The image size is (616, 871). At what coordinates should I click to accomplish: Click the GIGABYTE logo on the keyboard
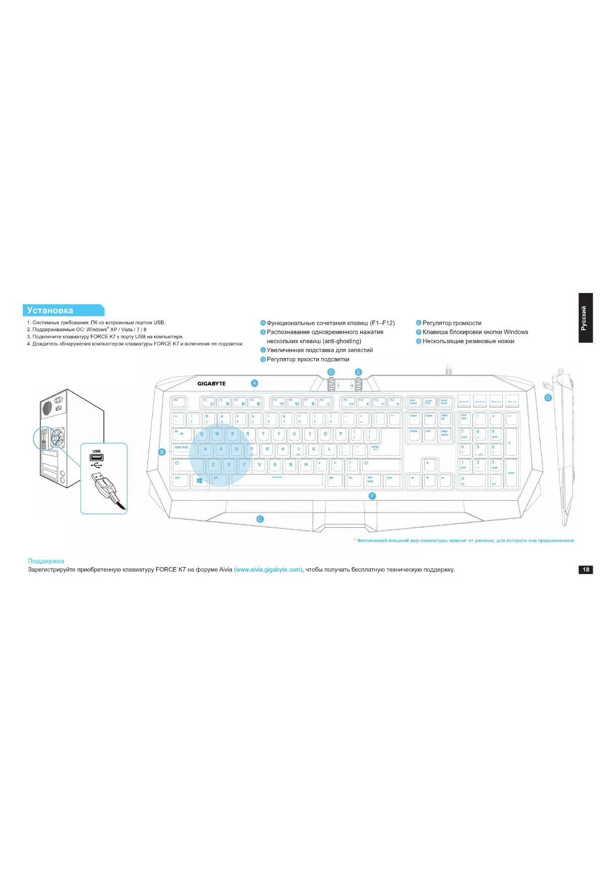point(211,383)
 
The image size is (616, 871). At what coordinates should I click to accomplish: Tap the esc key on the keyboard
point(178,402)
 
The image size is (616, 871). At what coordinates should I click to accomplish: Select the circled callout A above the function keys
point(255,383)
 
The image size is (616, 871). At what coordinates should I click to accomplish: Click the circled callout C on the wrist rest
point(260,519)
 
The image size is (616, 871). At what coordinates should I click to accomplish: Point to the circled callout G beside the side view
point(548,398)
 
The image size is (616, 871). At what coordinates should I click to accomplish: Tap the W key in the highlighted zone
point(217,434)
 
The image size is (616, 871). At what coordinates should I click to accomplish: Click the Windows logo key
point(200,480)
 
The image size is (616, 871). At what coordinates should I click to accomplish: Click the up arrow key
point(429,464)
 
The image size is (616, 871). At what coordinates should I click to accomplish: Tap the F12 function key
point(395,402)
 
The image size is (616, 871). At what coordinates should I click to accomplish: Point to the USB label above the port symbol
point(96,451)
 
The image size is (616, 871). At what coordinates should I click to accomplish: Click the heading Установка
point(50,310)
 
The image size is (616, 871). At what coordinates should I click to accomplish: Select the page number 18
point(586,570)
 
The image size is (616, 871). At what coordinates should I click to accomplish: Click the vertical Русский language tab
point(585,318)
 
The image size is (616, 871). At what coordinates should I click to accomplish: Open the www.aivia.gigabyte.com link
point(268,570)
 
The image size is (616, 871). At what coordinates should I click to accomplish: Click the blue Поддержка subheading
point(46,561)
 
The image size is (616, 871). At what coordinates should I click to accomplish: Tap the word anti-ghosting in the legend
point(342,341)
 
